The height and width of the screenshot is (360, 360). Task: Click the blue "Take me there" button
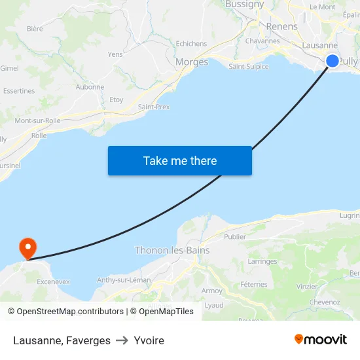[x=180, y=160]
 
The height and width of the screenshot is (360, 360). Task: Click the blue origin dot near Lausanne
[x=333, y=61]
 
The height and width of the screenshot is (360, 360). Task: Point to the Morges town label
[x=192, y=62]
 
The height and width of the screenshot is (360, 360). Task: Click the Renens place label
[x=281, y=27]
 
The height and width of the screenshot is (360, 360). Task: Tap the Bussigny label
[x=244, y=5]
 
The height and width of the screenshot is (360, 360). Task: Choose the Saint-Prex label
[x=154, y=107]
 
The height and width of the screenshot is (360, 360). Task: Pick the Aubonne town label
[x=90, y=86]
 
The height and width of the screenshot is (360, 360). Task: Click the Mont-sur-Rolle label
[x=37, y=120]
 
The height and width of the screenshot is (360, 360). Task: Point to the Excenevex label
[x=54, y=281]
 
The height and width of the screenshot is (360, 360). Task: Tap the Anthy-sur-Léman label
[x=124, y=280]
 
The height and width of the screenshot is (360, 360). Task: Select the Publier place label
[x=235, y=237]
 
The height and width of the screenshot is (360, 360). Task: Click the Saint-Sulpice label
[x=248, y=66]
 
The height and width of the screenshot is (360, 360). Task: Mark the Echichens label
[x=191, y=44]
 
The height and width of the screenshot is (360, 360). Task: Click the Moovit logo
[x=321, y=339]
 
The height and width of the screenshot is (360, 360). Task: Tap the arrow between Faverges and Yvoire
[x=122, y=340]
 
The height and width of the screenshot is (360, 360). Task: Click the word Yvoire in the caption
[x=149, y=340]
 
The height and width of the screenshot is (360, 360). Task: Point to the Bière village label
[x=35, y=29]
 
